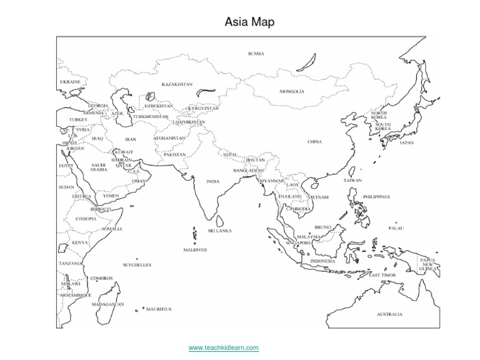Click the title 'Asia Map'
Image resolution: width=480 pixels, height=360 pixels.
[249, 22]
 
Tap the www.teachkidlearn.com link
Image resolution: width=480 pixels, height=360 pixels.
[223, 347]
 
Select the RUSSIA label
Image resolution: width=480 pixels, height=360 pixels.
[256, 54]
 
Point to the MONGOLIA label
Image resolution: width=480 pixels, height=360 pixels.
[292, 91]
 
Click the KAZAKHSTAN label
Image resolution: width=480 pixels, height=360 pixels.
[177, 84]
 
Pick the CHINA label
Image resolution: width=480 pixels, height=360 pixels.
[314, 142]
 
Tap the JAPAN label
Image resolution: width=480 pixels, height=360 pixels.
[406, 142]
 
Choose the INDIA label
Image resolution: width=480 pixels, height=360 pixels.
[212, 181]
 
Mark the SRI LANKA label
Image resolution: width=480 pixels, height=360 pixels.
[220, 231]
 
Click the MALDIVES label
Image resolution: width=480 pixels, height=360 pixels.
[195, 249]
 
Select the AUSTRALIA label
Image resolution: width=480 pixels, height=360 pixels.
[389, 314]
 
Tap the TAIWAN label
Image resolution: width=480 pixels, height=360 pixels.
[352, 181]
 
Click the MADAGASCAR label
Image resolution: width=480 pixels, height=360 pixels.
[107, 304]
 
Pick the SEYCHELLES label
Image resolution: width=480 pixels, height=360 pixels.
[137, 265]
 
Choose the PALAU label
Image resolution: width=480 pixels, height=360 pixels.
[396, 228]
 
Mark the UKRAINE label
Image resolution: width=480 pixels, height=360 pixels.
[70, 82]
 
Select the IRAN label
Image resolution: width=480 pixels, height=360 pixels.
[131, 139]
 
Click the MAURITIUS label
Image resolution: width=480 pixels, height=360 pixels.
[159, 309]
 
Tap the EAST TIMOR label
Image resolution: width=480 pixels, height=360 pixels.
[382, 275]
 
